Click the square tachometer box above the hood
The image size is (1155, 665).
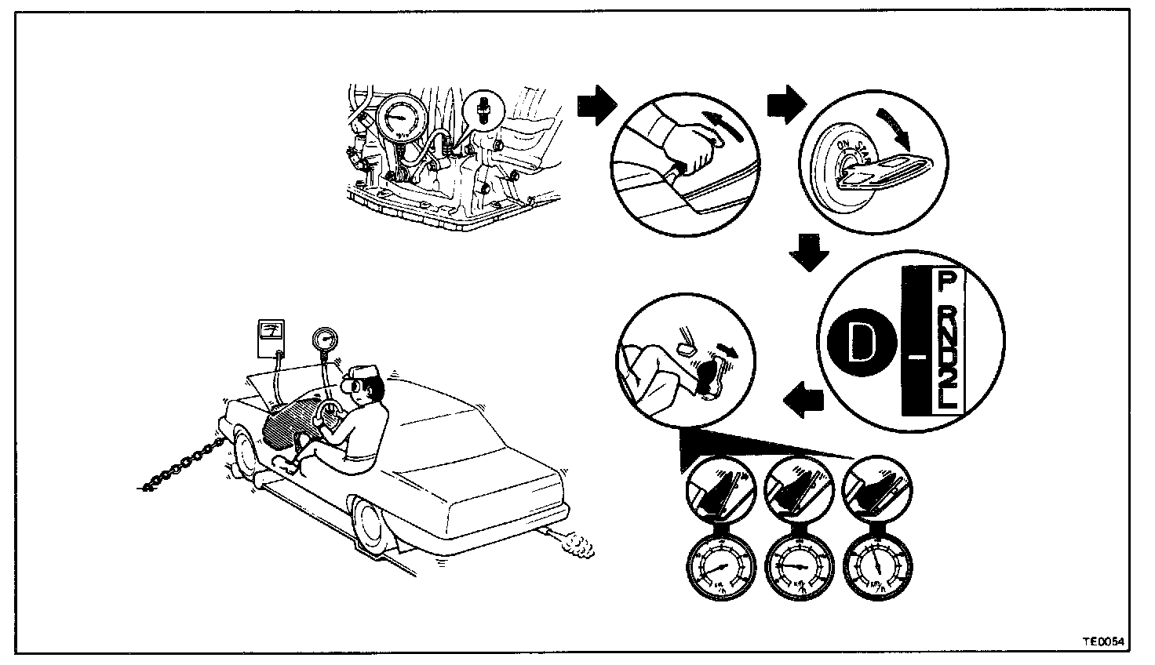(270, 337)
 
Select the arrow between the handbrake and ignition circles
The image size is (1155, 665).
(786, 104)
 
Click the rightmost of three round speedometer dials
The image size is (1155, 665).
(876, 567)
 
